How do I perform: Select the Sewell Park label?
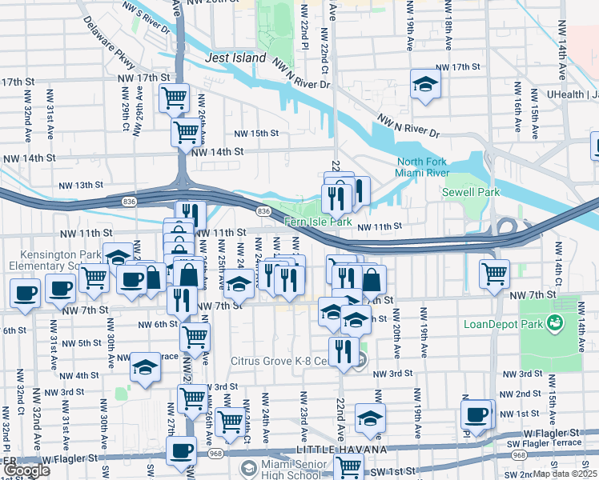click(x=471, y=192)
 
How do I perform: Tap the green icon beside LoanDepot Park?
click(x=553, y=323)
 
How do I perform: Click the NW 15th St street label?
click(x=255, y=134)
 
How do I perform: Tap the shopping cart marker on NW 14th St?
click(x=187, y=130)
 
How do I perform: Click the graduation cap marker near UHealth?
click(x=425, y=83)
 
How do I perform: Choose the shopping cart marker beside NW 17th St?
click(x=174, y=98)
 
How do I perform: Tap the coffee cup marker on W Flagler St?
click(x=181, y=450)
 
